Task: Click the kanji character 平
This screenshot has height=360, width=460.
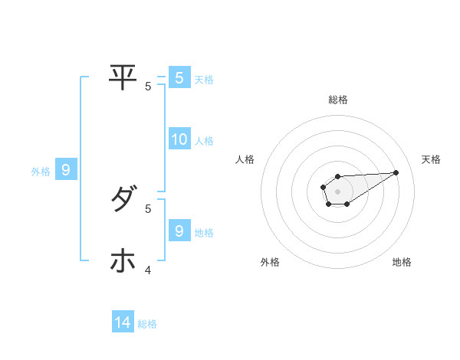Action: pos(123,77)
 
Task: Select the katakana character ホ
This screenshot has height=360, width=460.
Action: pos(123,261)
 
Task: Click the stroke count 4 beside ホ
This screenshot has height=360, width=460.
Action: pos(148,270)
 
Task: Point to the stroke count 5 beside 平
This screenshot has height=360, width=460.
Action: pos(148,87)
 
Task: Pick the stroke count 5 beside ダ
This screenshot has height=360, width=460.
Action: pos(148,208)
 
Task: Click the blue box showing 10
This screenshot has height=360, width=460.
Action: pos(179,139)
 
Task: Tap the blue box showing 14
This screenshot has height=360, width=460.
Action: pos(123,322)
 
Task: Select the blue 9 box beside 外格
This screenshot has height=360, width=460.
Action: pos(66,170)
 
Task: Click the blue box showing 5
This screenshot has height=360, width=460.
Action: pos(179,77)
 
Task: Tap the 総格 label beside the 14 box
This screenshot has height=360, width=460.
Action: pos(147,324)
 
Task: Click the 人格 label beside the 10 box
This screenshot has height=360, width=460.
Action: pos(204,141)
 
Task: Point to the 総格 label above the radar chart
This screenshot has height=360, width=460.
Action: pos(337,100)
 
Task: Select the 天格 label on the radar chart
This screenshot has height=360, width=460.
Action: pos(431,159)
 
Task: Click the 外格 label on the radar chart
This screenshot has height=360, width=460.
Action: pos(270,263)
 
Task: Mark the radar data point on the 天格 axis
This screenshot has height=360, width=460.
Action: pos(396,172)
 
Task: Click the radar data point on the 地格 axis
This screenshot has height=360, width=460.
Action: pos(347,204)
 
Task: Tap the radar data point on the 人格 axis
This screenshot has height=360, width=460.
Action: pos(323,186)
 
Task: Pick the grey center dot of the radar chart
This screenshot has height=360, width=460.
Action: pos(337,191)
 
